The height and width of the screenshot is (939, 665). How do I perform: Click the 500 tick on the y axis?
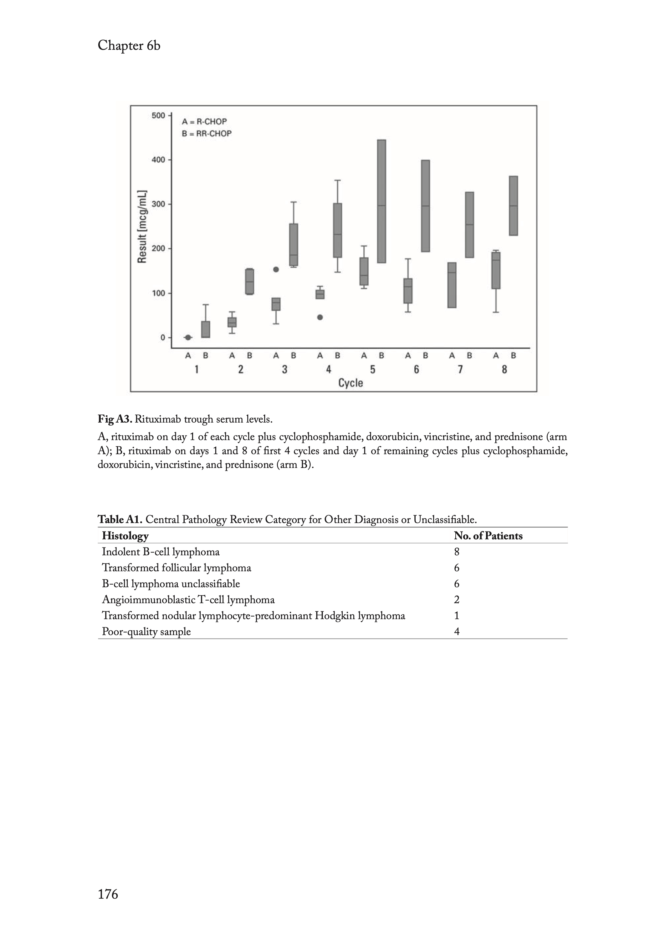click(158, 115)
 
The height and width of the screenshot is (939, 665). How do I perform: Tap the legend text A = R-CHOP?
click(204, 122)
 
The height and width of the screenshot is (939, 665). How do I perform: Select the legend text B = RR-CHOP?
click(207, 134)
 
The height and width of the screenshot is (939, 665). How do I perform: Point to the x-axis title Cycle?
click(350, 383)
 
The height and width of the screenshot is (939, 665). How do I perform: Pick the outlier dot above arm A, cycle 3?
click(276, 269)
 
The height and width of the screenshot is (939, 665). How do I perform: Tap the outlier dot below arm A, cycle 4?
click(320, 317)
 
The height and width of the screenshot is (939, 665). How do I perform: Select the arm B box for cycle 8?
click(513, 206)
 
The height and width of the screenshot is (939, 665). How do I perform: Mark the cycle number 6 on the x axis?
click(417, 370)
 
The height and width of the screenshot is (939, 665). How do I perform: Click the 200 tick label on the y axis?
click(158, 249)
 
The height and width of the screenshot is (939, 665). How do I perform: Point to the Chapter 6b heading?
click(129, 45)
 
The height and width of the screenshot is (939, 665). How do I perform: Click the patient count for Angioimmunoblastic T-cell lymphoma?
click(457, 600)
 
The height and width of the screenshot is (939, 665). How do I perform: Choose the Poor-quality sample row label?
click(146, 632)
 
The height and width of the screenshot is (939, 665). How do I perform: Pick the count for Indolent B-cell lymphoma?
click(457, 552)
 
